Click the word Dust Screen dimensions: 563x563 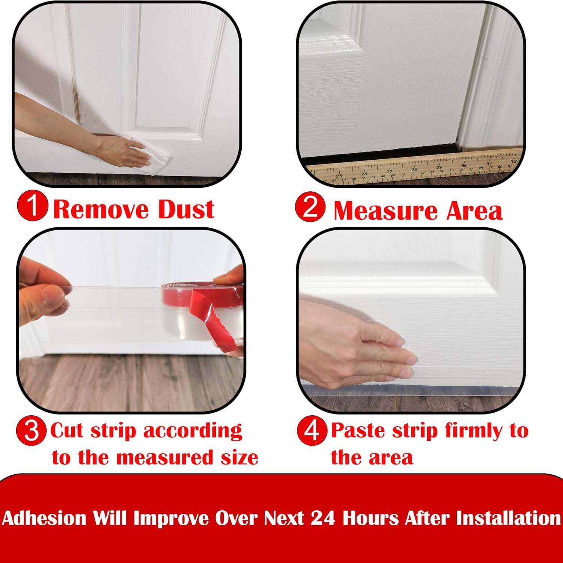186,209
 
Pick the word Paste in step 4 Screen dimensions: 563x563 358,430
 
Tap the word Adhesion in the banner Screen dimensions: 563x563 44,518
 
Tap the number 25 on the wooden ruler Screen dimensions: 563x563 339,176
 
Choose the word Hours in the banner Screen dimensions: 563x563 370,518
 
